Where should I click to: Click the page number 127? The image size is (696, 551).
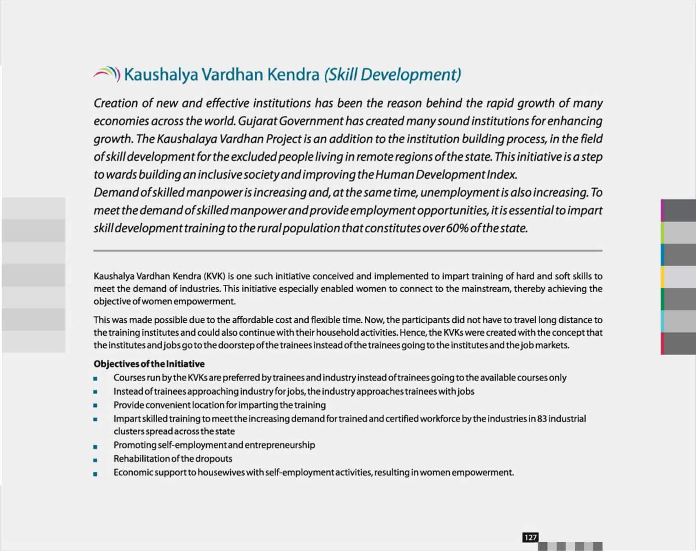530,538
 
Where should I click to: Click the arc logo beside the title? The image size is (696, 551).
107,74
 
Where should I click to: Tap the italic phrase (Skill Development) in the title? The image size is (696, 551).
392,74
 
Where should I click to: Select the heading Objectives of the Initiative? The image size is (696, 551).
149,364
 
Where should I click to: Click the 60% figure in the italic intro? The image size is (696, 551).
456,228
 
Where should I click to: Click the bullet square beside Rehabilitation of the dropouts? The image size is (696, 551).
95,460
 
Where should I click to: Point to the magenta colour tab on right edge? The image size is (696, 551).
662,210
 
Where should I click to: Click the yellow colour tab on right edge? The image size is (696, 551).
662,277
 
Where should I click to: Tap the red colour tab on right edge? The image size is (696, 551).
662,344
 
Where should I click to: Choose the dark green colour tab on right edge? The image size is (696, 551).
662,299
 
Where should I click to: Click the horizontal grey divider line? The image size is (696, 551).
348,251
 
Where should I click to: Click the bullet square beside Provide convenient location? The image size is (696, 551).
95,406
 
